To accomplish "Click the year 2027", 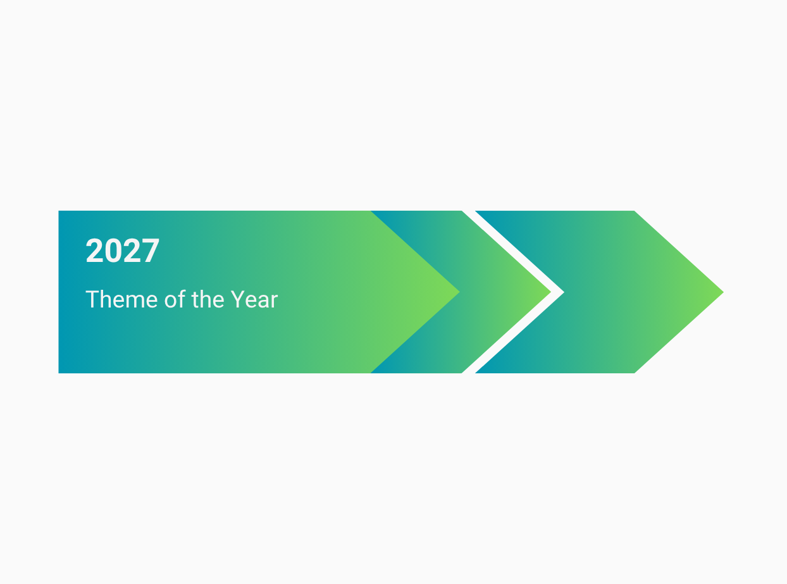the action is pos(122,251).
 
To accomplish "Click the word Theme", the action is pos(121,299).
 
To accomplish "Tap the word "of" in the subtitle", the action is pos(175,299).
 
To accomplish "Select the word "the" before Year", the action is pos(208,299).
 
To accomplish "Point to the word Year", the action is pos(254,299).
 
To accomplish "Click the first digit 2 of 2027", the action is pos(94,251).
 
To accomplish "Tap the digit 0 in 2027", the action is pos(113,251).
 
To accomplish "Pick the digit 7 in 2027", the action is pos(151,251).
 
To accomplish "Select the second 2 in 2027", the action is pos(132,251).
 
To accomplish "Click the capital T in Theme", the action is pos(92,299).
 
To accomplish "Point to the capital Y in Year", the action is pos(238,299).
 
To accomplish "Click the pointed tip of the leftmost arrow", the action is pos(459,292).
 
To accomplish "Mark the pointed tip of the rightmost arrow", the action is pos(723,292).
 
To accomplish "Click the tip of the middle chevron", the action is pos(550,292).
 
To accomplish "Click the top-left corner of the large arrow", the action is pos(59,211).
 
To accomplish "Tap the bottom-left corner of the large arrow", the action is pos(59,373).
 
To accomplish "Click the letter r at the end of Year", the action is pos(274,302).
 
